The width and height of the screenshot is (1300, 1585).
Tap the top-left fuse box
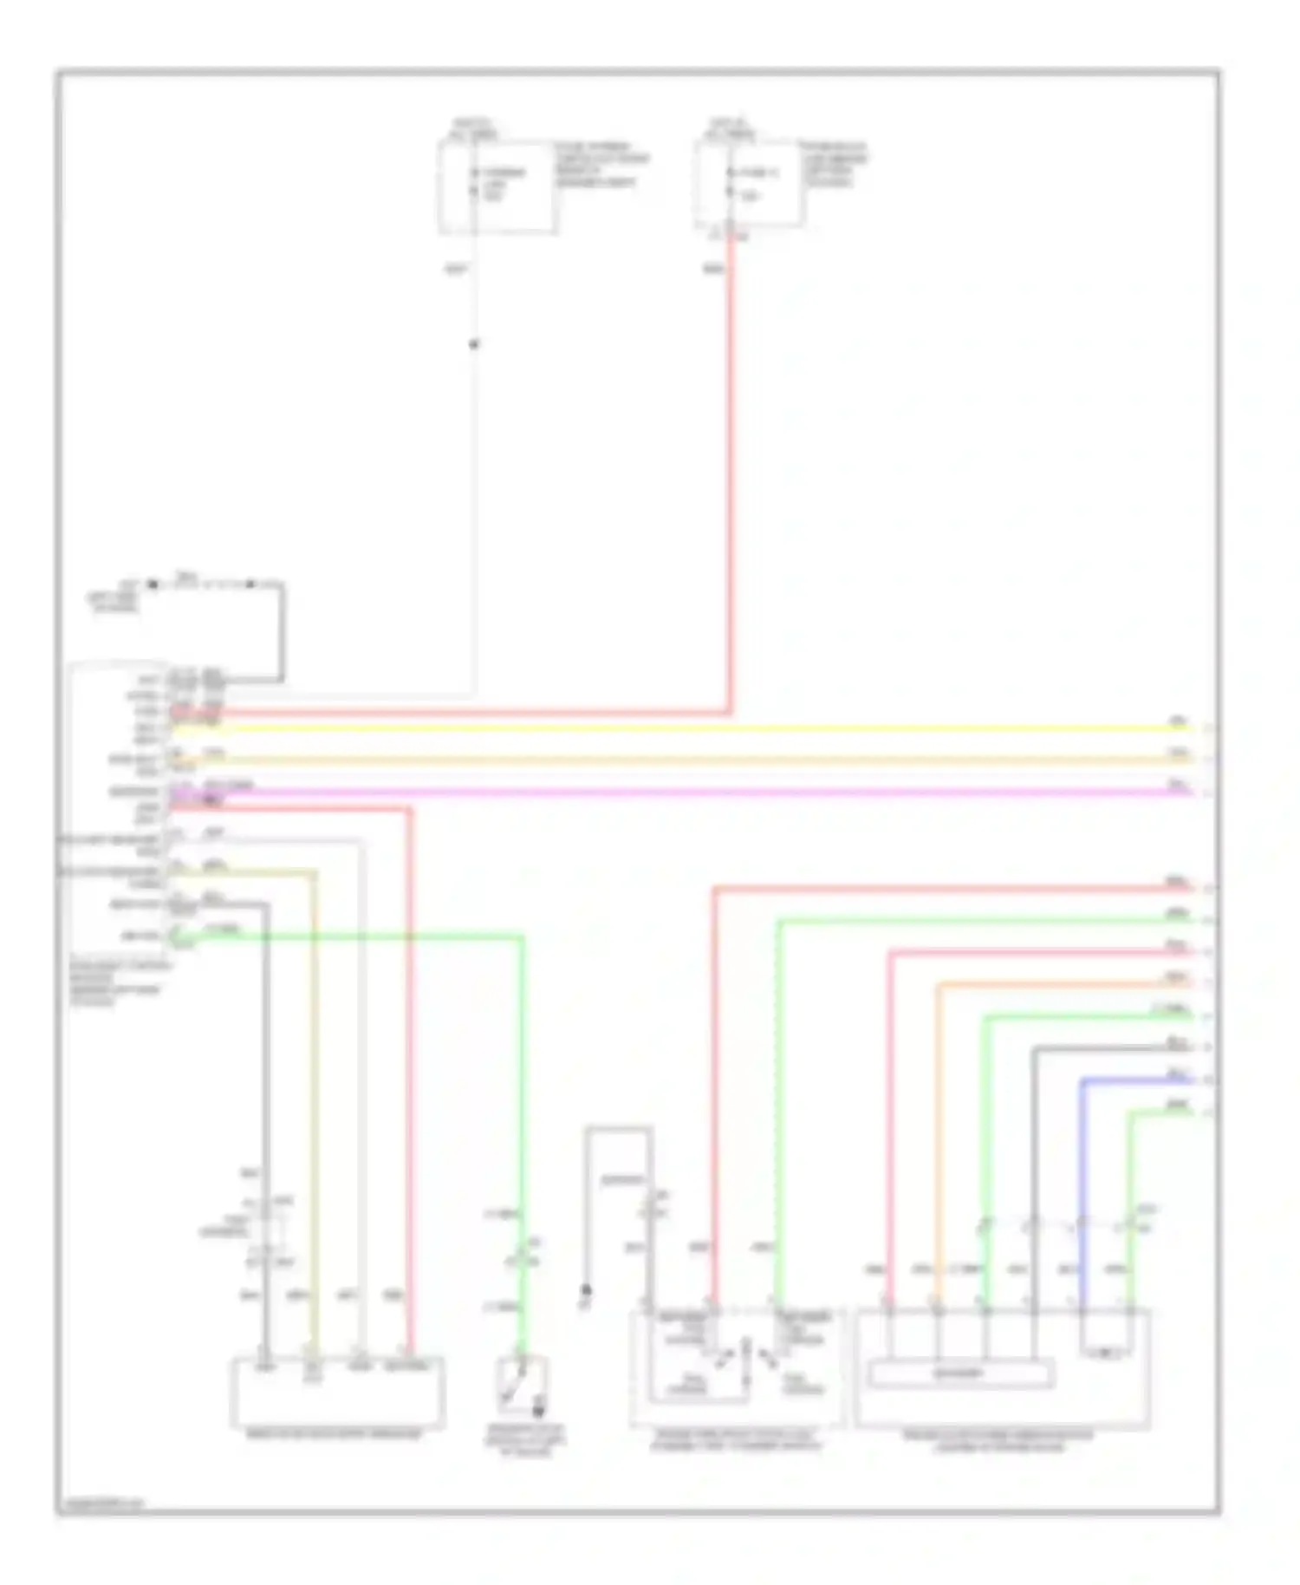[497, 187]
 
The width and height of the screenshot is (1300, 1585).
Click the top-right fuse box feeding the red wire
[750, 184]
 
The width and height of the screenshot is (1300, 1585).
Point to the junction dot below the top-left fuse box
[473, 344]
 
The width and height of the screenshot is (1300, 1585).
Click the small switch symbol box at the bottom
[522, 1386]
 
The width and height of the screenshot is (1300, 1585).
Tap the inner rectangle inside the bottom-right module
[961, 1374]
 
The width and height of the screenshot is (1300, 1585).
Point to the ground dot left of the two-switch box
[586, 1290]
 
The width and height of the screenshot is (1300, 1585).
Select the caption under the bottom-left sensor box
[334, 1434]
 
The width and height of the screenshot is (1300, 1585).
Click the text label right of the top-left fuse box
[601, 165]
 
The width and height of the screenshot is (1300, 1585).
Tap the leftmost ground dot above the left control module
[153, 585]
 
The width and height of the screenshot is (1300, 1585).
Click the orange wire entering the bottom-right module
[938, 1127]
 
